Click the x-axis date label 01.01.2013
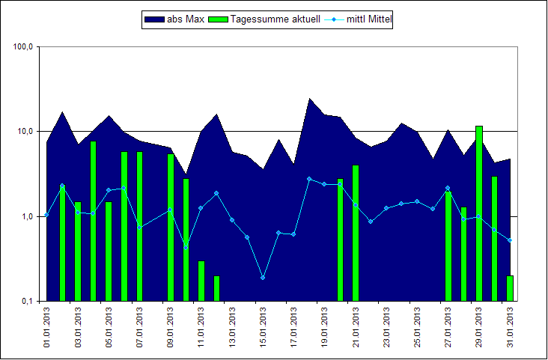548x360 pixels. [x=47, y=329]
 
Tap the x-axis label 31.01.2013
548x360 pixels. [x=511, y=329]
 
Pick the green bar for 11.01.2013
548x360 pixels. [x=201, y=281]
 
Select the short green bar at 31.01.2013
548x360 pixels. [x=510, y=288]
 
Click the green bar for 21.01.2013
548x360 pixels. [x=356, y=233]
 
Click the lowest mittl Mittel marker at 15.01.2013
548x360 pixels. [x=263, y=278]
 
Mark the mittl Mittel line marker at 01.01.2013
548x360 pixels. [x=46, y=215]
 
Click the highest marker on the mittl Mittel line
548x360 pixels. [x=309, y=179]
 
